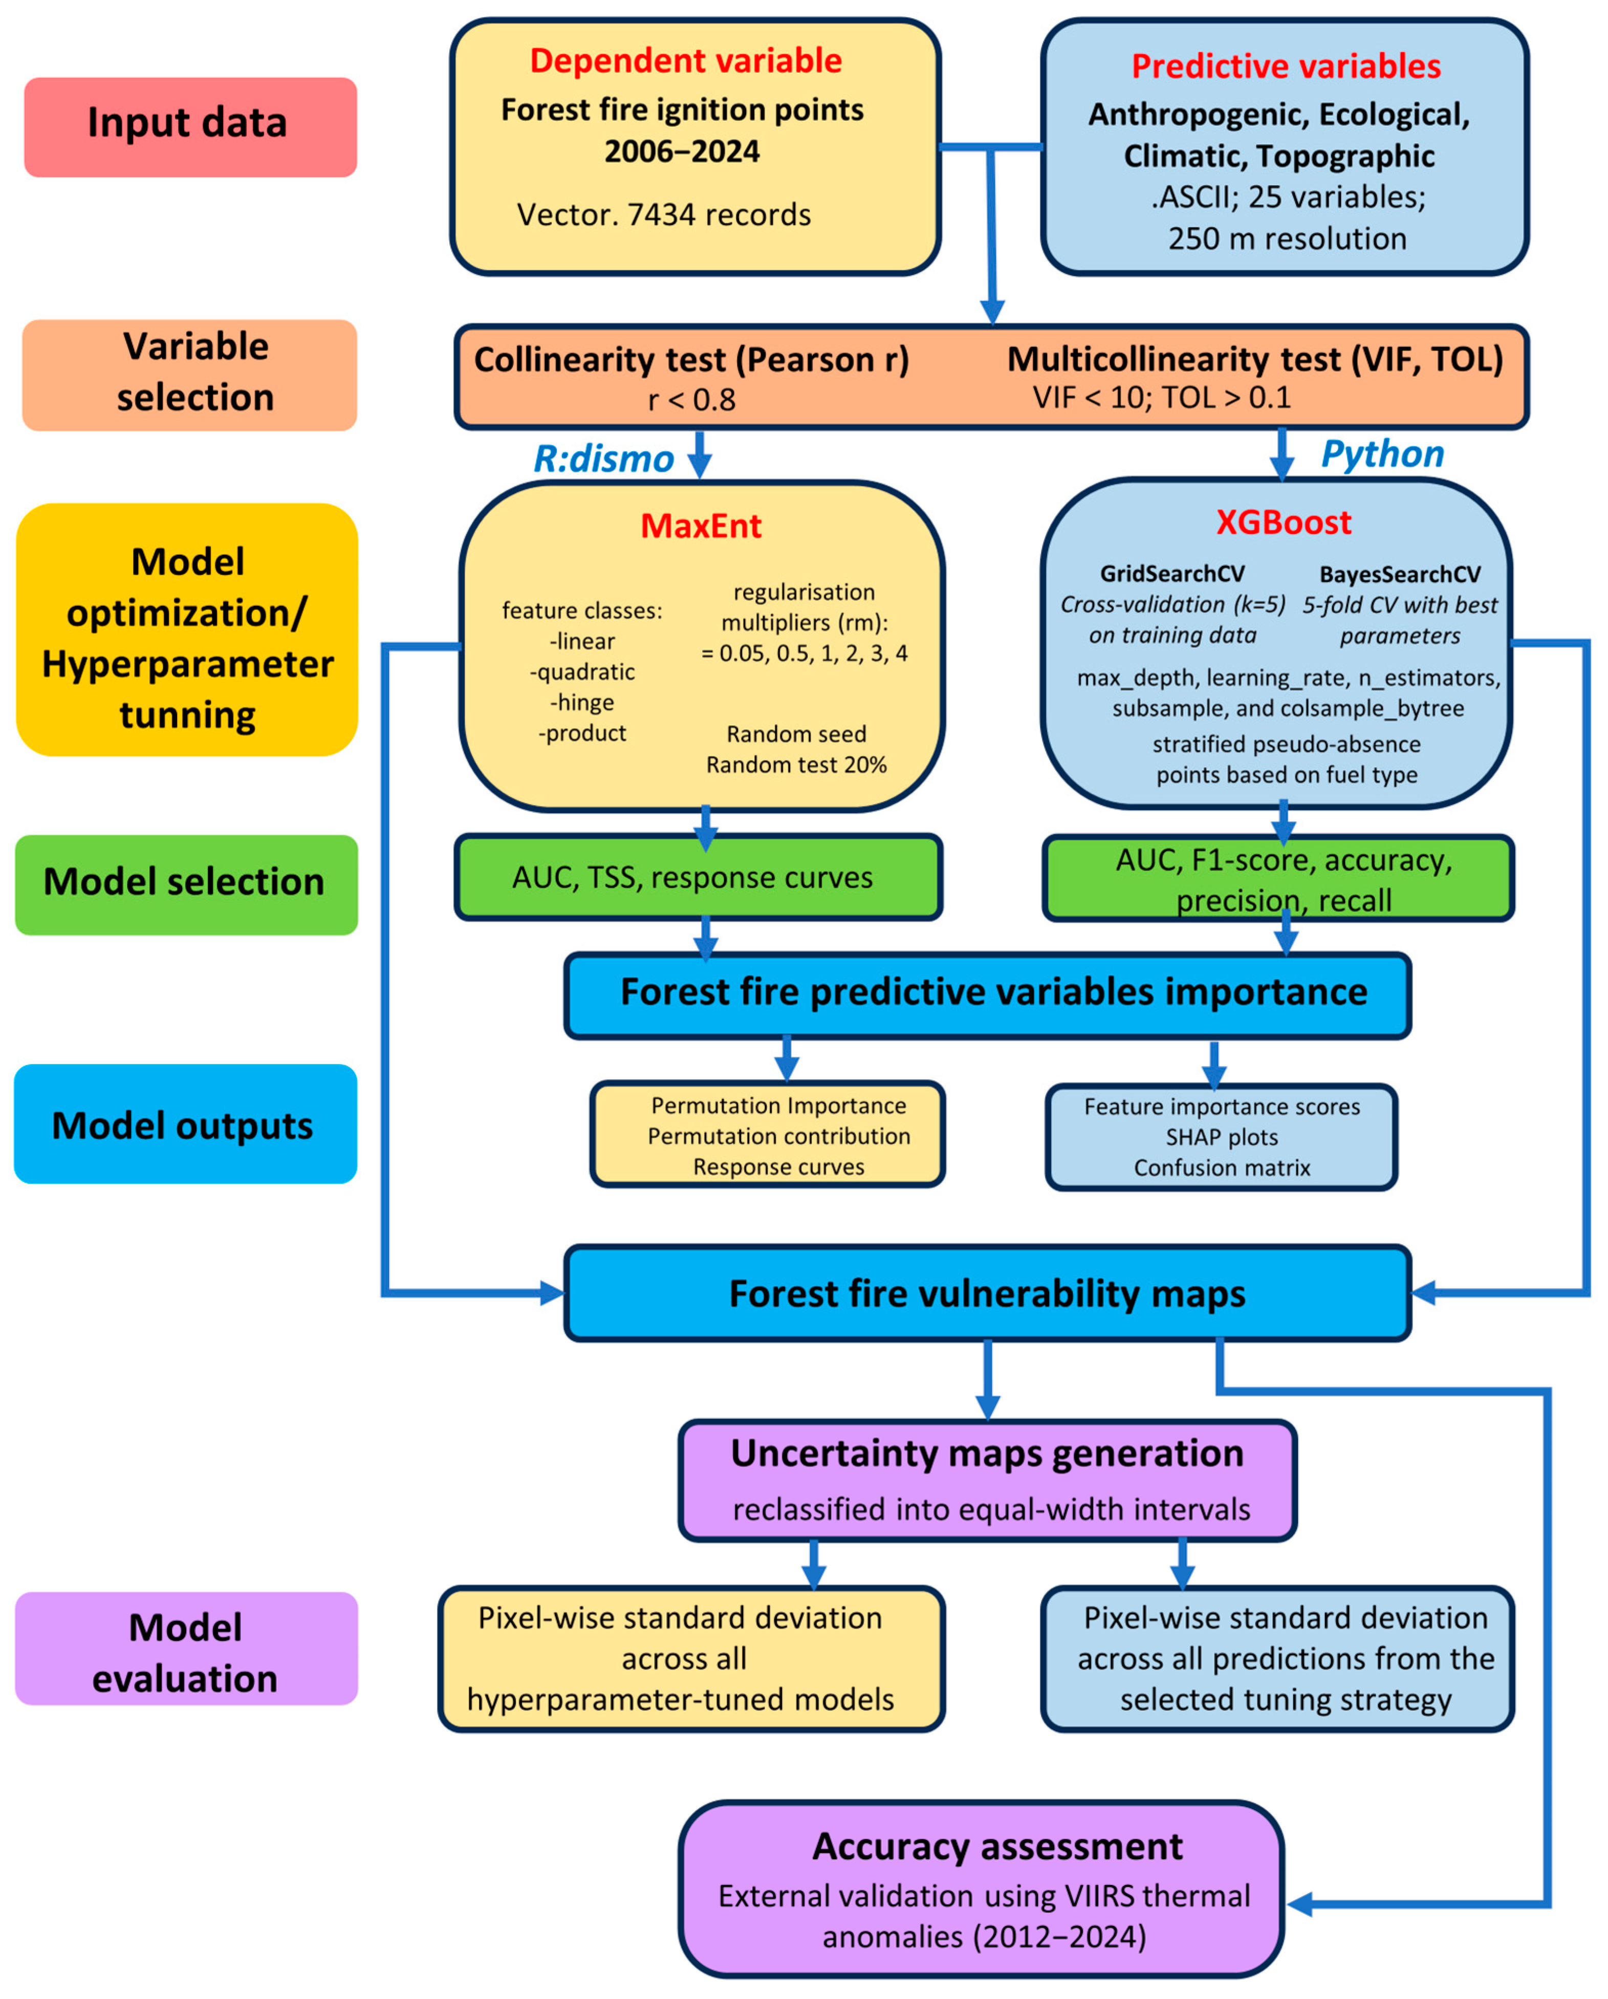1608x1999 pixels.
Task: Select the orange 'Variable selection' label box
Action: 189,375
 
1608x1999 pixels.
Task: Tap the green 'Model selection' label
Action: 185,884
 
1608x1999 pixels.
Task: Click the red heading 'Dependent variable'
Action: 685,61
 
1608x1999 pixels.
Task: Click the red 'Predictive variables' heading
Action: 1285,67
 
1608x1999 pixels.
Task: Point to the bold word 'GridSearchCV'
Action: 1172,574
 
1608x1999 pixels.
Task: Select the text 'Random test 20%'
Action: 796,765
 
